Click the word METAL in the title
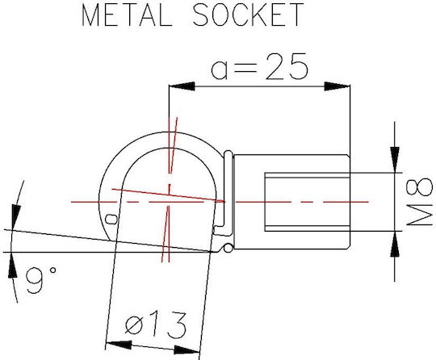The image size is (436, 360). (x=127, y=15)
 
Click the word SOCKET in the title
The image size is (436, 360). (x=248, y=15)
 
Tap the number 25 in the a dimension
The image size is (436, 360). (x=287, y=66)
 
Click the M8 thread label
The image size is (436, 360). (x=420, y=202)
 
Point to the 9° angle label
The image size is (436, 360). (x=41, y=280)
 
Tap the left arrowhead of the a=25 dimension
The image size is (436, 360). (x=182, y=86)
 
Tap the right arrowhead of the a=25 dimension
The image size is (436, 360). (x=337, y=86)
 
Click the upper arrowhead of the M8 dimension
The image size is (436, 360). (x=395, y=160)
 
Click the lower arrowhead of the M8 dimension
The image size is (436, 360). (x=395, y=244)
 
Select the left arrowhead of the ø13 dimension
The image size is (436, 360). (x=119, y=345)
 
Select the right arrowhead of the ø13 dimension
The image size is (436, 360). (x=187, y=350)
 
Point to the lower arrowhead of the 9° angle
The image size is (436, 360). (x=12, y=266)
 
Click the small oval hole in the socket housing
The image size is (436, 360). (x=111, y=219)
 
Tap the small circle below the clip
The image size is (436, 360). (x=228, y=248)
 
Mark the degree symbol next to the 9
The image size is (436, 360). (x=52, y=270)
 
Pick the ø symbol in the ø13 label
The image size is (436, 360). (x=132, y=325)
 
